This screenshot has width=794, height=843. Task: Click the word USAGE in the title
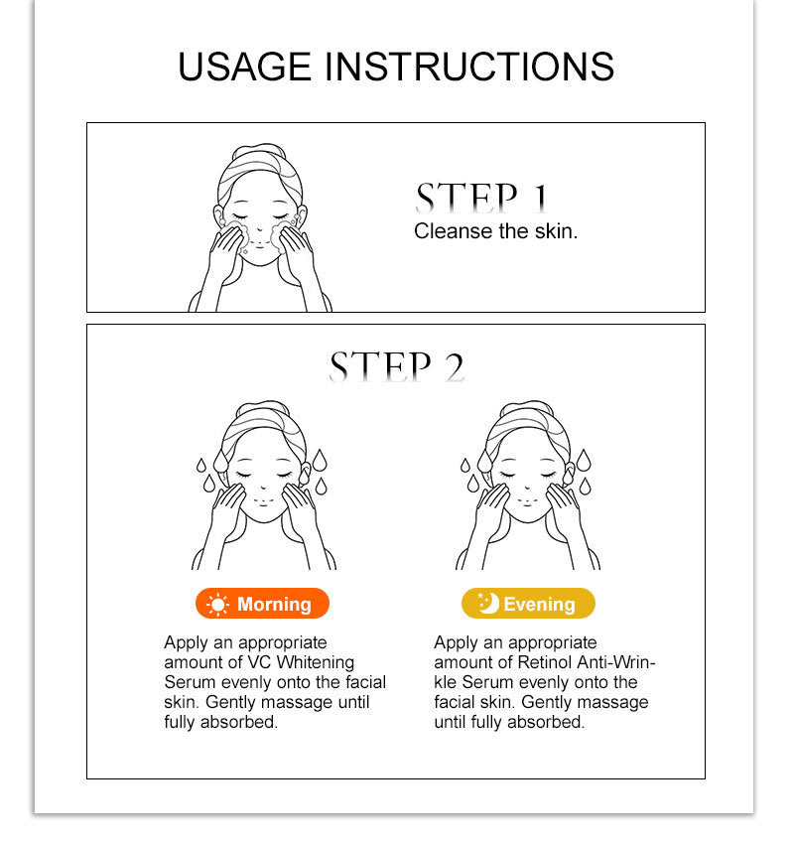(x=244, y=67)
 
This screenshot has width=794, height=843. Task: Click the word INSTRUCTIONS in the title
(x=469, y=67)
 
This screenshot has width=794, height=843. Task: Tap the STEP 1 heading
(x=482, y=198)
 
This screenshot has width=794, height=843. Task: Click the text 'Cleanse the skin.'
(x=496, y=231)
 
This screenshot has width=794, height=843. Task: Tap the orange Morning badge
(x=262, y=604)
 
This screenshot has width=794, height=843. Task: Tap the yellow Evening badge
(x=528, y=604)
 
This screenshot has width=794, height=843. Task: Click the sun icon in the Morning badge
(x=217, y=605)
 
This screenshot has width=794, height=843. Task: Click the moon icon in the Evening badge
(x=488, y=603)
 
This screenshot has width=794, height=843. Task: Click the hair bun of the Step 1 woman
(x=259, y=150)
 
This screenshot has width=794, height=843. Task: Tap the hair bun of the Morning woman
(x=263, y=407)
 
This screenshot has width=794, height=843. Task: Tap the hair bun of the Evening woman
(x=527, y=407)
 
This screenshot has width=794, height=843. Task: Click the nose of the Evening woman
(x=528, y=488)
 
